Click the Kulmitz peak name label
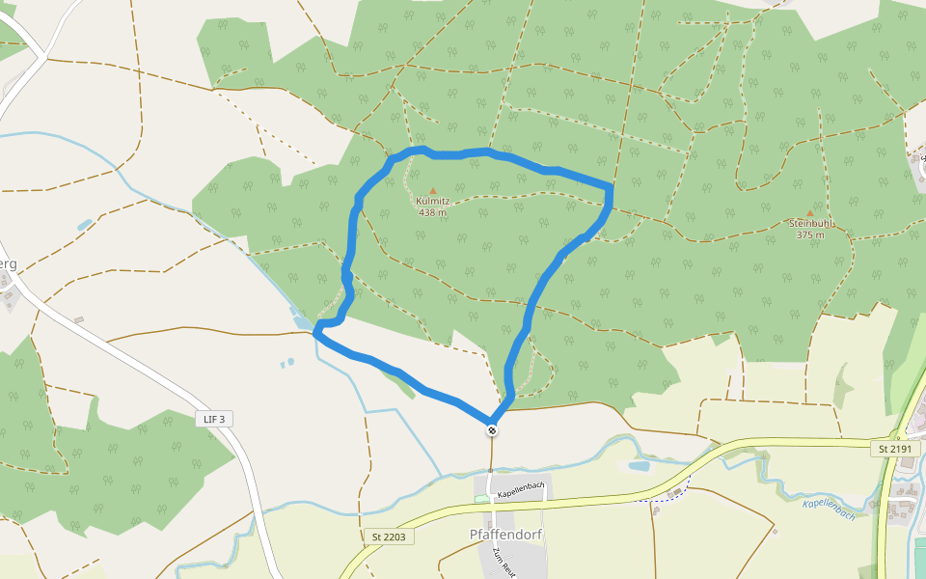point(432,201)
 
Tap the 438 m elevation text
point(432,212)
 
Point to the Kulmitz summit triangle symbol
point(432,191)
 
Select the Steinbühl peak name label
point(810,224)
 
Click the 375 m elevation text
point(810,234)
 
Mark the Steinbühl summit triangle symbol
point(809,213)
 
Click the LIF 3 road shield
point(214,419)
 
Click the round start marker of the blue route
point(492,430)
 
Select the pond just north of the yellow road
point(639,466)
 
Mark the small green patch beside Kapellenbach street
point(481,498)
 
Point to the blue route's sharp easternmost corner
point(610,186)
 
